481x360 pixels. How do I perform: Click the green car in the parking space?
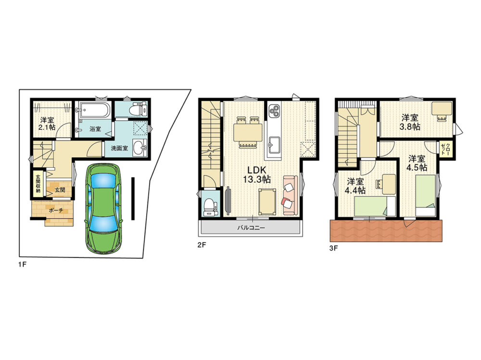pos(103,208)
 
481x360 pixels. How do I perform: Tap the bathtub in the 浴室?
pos(94,110)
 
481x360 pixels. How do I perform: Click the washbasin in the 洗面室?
pos(140,148)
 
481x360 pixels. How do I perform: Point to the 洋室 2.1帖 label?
pos(47,123)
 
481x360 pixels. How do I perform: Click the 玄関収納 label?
pos(38,184)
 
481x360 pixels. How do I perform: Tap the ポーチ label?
pos(55,211)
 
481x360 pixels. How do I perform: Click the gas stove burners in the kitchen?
pos(274,112)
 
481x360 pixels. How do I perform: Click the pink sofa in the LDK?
pos(290,195)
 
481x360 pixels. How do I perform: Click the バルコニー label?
pos(251,228)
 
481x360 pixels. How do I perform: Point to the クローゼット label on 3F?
pos(445,149)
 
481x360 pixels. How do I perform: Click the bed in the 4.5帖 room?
pos(426,195)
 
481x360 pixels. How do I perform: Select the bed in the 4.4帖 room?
pos(375,206)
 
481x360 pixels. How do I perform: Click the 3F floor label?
pos(333,248)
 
